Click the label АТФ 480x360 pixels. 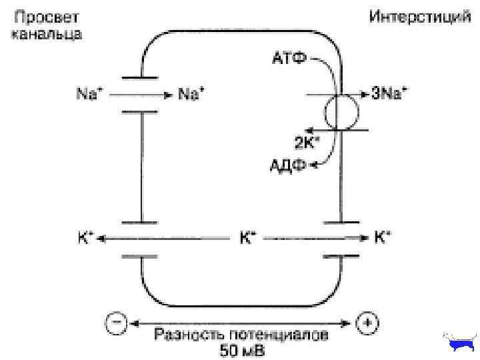289,58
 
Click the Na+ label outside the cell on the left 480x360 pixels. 86,95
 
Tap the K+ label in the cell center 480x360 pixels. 248,237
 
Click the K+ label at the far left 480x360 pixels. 86,237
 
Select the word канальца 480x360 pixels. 47,34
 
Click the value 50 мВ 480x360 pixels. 241,349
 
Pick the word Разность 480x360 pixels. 183,335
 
